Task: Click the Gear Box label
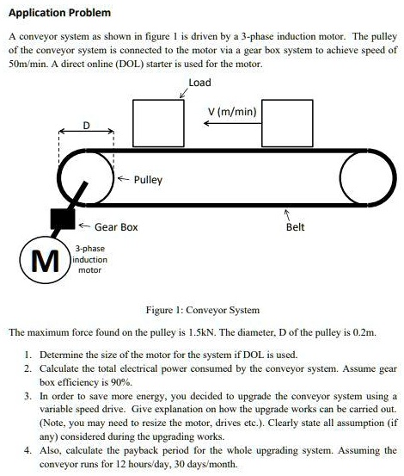pyautogui.click(x=115, y=227)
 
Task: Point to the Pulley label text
pyautogui.click(x=148, y=181)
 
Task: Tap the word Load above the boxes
pyautogui.click(x=199, y=83)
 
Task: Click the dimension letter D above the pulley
pyautogui.click(x=86, y=127)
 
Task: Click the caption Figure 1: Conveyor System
pyautogui.click(x=203, y=310)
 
